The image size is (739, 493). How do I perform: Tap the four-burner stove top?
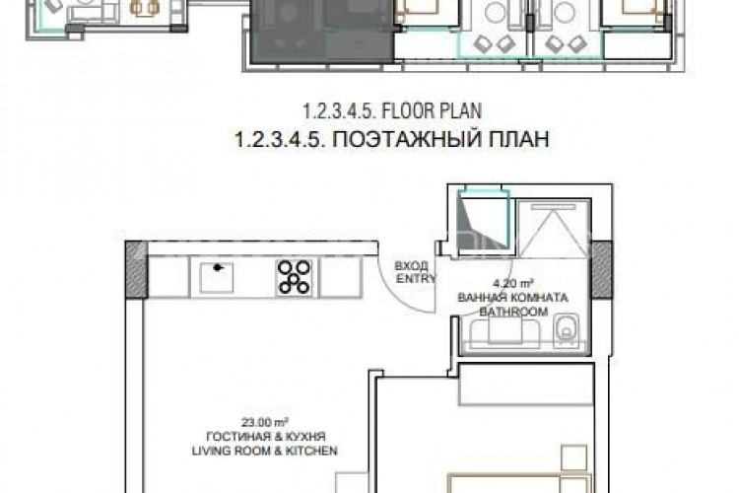[x=293, y=277]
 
